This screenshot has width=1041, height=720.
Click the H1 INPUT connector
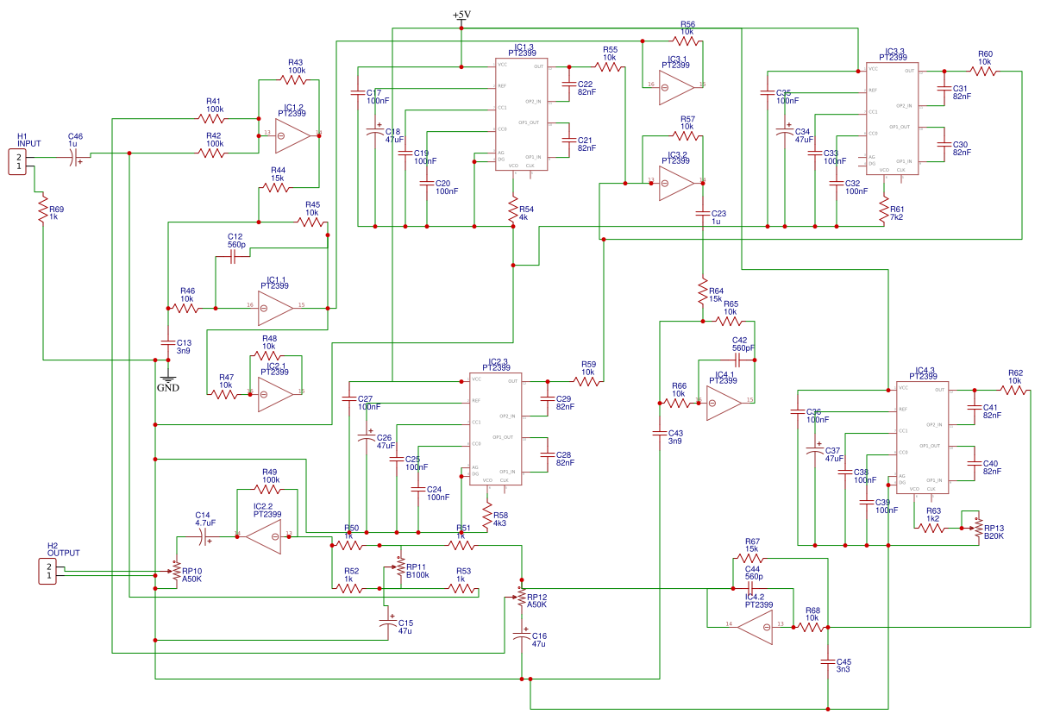[16, 161]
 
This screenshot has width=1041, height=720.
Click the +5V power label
[461, 16]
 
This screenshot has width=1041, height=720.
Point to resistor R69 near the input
[41, 209]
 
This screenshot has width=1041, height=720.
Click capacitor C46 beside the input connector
[76, 156]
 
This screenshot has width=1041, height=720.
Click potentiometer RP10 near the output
[176, 571]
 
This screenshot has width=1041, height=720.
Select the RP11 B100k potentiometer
[399, 564]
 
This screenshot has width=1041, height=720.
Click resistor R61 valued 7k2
[883, 209]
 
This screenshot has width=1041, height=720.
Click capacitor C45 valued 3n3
[827, 663]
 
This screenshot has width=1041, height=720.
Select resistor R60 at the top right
[984, 72]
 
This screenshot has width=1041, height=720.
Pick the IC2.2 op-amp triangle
[263, 536]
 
